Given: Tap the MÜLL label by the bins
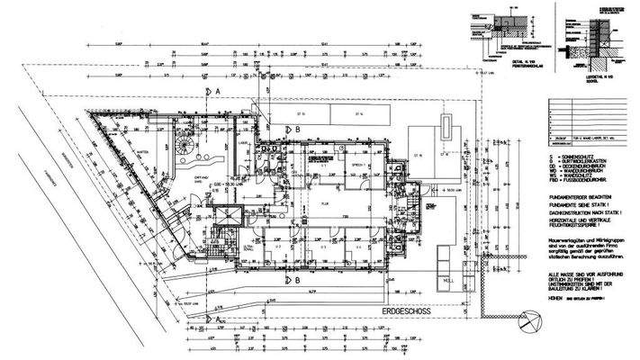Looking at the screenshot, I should (x=447, y=280).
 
